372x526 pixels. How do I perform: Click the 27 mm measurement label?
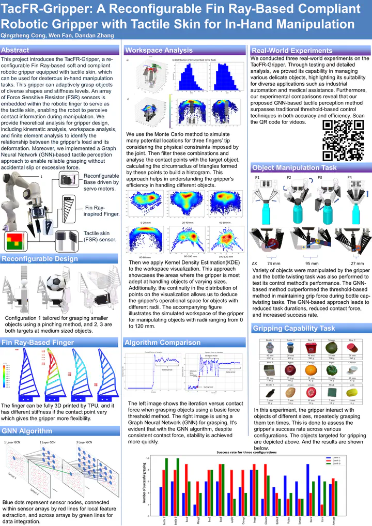(x=357, y=263)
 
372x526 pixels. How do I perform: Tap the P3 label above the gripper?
(x=319, y=177)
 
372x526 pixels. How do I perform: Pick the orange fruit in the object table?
(x=311, y=370)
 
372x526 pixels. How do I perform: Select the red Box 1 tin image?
(x=311, y=347)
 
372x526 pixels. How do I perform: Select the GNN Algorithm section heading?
(x=23, y=431)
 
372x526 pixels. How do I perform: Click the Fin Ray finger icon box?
(x=70, y=207)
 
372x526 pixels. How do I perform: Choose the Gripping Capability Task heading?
(x=293, y=328)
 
